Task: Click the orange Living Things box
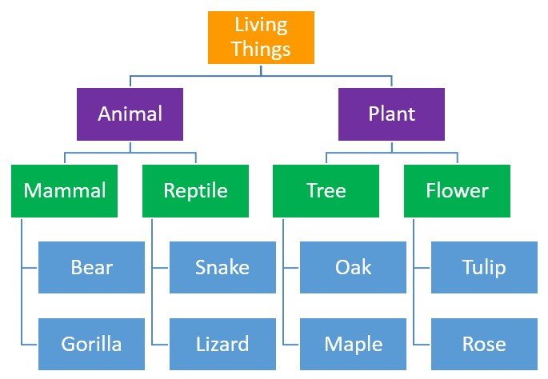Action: tap(261, 37)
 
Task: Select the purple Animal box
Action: tap(130, 114)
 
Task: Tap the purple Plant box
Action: tap(391, 114)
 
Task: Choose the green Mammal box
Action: tap(64, 190)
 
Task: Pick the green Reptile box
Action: tap(195, 190)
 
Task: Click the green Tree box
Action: tap(326, 190)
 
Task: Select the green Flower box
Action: tap(457, 190)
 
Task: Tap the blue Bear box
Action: tap(91, 266)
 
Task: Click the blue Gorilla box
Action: tap(91, 344)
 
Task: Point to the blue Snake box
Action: tap(222, 266)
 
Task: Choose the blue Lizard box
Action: tap(222, 344)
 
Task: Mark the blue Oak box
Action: tap(353, 266)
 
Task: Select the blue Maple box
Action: tap(353, 344)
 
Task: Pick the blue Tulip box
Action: tap(484, 266)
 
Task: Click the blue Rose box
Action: tap(484, 344)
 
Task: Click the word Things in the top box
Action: tap(261, 50)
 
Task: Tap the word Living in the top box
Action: tap(261, 25)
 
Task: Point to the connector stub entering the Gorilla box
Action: tap(30, 344)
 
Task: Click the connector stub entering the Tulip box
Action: tap(422, 267)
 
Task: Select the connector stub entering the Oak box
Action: tap(292, 267)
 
